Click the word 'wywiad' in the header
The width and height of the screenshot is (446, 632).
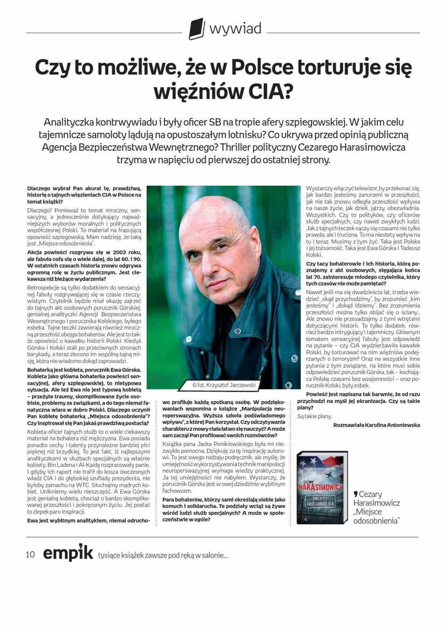(x=235, y=29)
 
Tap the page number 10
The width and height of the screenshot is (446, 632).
(x=30, y=555)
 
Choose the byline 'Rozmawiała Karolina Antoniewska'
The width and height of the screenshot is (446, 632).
(x=376, y=425)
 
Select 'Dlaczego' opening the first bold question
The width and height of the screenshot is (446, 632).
(x=39, y=189)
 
